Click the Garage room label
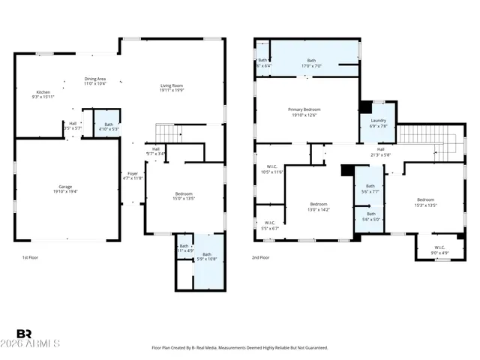tap(66, 189)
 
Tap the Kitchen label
tap(44, 94)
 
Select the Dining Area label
tap(94, 80)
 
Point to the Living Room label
tap(172, 88)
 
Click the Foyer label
tap(132, 175)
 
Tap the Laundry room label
tap(378, 123)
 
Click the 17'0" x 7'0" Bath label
tap(311, 63)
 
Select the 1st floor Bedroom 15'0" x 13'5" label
tap(184, 196)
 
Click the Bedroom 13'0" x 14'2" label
tap(319, 207)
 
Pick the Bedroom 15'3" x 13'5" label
tap(425, 202)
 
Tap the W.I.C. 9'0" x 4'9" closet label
tap(439, 250)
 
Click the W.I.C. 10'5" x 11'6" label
tap(271, 169)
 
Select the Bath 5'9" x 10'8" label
tap(206, 256)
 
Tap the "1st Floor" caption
tap(29, 257)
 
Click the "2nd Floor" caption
tap(261, 257)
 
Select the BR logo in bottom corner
tap(25, 334)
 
